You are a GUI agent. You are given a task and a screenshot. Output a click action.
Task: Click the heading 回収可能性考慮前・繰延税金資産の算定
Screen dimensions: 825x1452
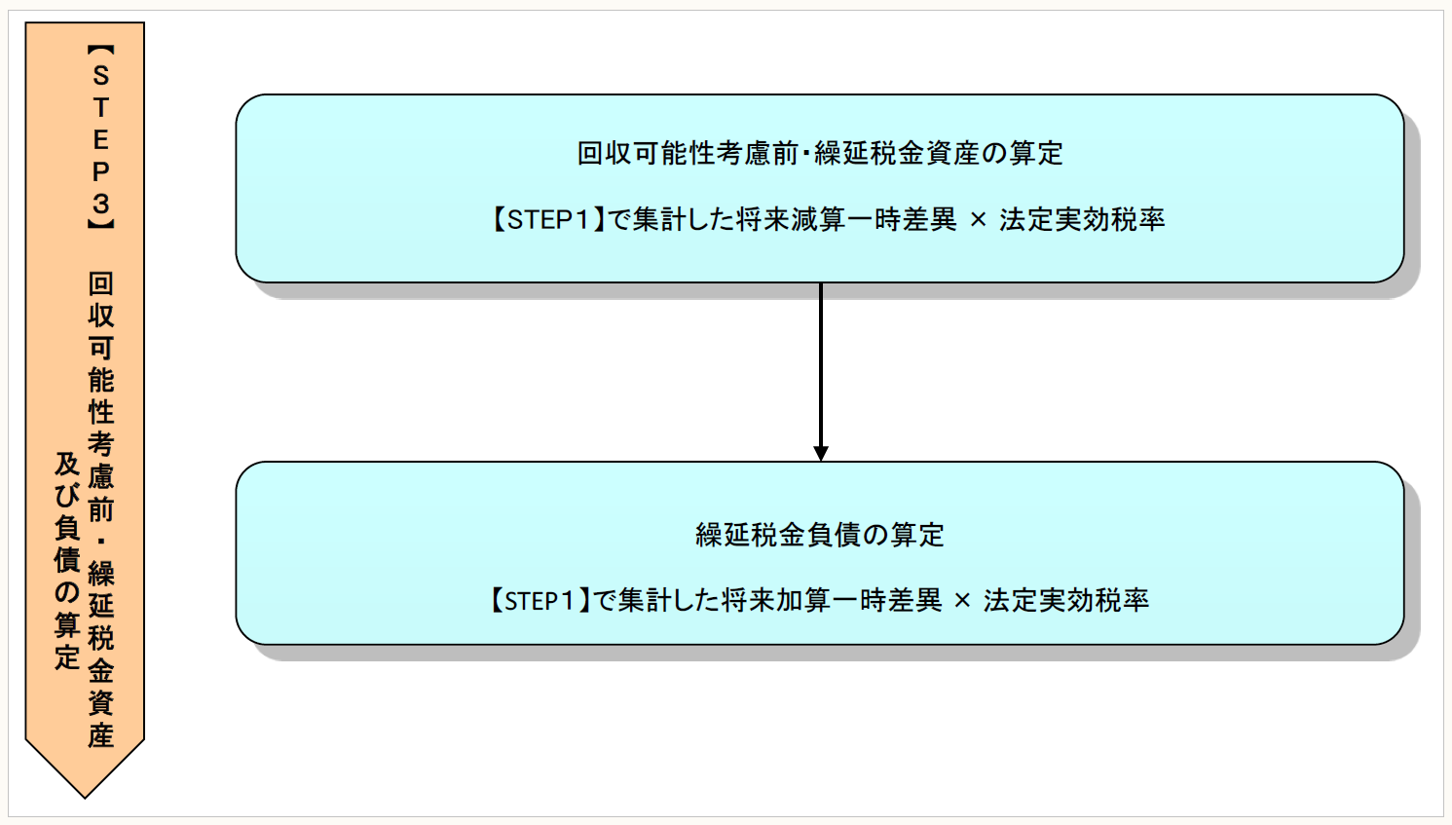819,153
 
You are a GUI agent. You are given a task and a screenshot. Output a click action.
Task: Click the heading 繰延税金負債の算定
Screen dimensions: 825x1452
819,535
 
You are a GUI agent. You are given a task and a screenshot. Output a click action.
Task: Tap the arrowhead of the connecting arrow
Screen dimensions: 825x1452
821,453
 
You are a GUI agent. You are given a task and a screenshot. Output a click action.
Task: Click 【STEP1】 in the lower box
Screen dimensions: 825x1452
539,600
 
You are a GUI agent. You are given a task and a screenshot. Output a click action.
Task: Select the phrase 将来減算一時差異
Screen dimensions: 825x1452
846,219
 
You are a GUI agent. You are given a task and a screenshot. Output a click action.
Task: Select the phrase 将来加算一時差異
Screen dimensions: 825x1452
832,600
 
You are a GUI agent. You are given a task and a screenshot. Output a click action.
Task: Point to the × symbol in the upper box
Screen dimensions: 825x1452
978,220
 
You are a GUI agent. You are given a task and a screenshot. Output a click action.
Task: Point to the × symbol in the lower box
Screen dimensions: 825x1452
962,601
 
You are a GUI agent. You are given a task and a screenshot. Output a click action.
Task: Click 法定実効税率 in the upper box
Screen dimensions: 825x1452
1082,219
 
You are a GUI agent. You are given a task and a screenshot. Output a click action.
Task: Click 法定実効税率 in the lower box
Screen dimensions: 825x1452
1066,600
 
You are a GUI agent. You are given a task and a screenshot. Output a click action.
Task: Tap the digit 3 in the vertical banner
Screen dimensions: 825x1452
100,204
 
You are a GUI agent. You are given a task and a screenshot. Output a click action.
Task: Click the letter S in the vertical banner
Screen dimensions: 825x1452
100,76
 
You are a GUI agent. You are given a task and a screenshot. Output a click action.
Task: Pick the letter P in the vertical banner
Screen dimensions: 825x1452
100,171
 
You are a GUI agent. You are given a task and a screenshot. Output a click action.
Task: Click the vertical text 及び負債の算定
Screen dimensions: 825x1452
66,560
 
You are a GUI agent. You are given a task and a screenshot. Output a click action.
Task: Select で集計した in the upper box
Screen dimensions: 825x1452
672,219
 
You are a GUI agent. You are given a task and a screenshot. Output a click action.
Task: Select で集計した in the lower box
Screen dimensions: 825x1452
657,600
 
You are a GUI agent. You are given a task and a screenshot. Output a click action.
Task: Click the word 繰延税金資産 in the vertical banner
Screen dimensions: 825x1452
100,654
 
